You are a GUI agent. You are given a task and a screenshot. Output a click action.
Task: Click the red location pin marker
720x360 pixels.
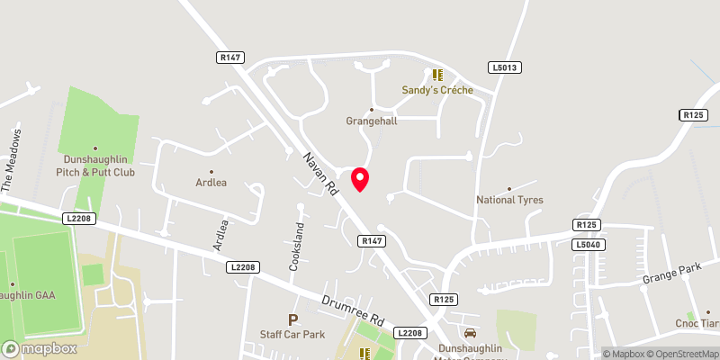360,178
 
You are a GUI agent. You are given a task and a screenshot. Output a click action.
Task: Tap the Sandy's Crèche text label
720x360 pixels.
436,90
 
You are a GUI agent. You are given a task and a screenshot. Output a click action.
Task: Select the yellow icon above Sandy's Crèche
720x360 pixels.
436,76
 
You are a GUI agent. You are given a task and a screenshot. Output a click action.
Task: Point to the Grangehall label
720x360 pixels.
372,121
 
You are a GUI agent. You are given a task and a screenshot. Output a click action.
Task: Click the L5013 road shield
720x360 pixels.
505,67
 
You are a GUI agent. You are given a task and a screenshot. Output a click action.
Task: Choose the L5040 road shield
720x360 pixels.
589,245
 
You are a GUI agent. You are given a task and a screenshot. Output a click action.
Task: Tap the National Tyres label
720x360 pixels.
509,200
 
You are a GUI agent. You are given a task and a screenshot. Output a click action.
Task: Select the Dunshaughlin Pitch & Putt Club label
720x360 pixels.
94,165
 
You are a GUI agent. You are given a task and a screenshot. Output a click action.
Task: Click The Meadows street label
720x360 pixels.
15,159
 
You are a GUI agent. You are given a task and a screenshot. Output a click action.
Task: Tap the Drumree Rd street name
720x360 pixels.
355,310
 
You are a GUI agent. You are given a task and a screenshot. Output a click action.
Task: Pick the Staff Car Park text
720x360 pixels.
292,335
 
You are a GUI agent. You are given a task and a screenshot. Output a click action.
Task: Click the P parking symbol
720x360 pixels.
292,319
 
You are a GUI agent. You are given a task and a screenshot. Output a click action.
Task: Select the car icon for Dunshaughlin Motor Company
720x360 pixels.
468,332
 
